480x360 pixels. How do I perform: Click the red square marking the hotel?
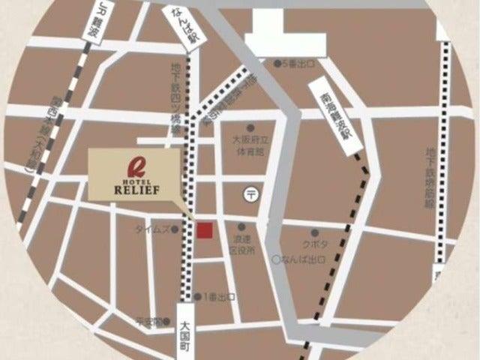point(205,230)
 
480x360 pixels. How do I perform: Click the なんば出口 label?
point(303,259)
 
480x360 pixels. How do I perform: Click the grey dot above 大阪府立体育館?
point(250,127)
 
